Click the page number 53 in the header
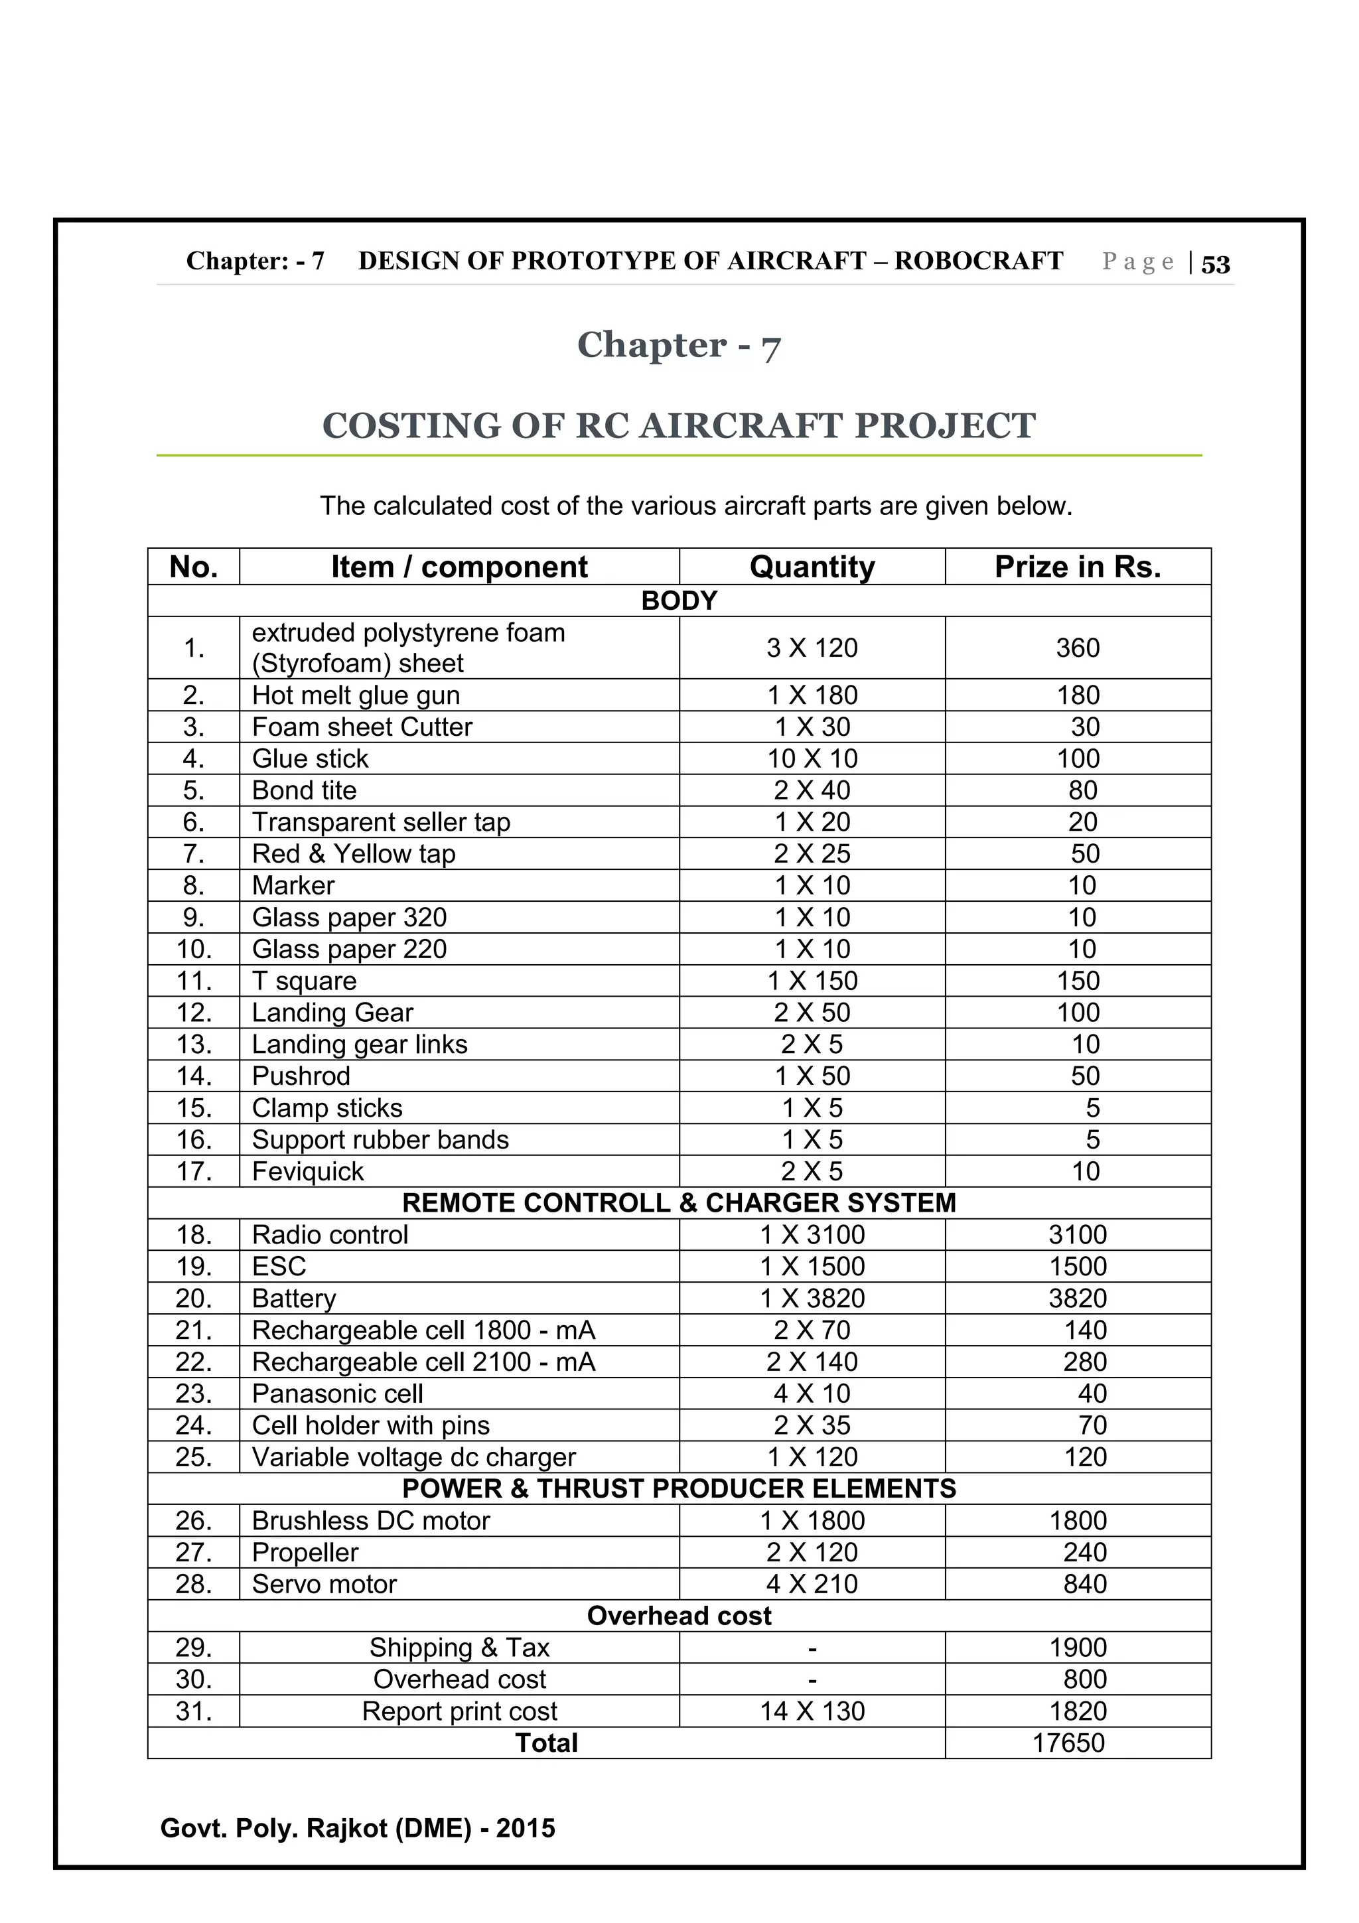click(x=1215, y=265)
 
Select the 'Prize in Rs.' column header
click(x=1077, y=567)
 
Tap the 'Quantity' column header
click(x=812, y=567)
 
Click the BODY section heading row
click(x=679, y=601)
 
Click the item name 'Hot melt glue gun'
click(x=356, y=695)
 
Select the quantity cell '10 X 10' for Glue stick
click(x=812, y=759)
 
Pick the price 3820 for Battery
click(x=1077, y=1298)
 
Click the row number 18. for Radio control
click(x=193, y=1234)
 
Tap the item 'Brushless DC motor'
click(x=370, y=1520)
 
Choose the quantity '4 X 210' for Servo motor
click(x=812, y=1584)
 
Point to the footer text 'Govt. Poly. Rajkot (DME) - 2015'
click(x=358, y=1827)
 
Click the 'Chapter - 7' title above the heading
click(x=678, y=345)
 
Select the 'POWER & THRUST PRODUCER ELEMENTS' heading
click(x=679, y=1488)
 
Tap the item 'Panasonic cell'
click(x=338, y=1393)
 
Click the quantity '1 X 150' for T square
click(x=812, y=981)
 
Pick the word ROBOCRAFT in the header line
click(x=978, y=261)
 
